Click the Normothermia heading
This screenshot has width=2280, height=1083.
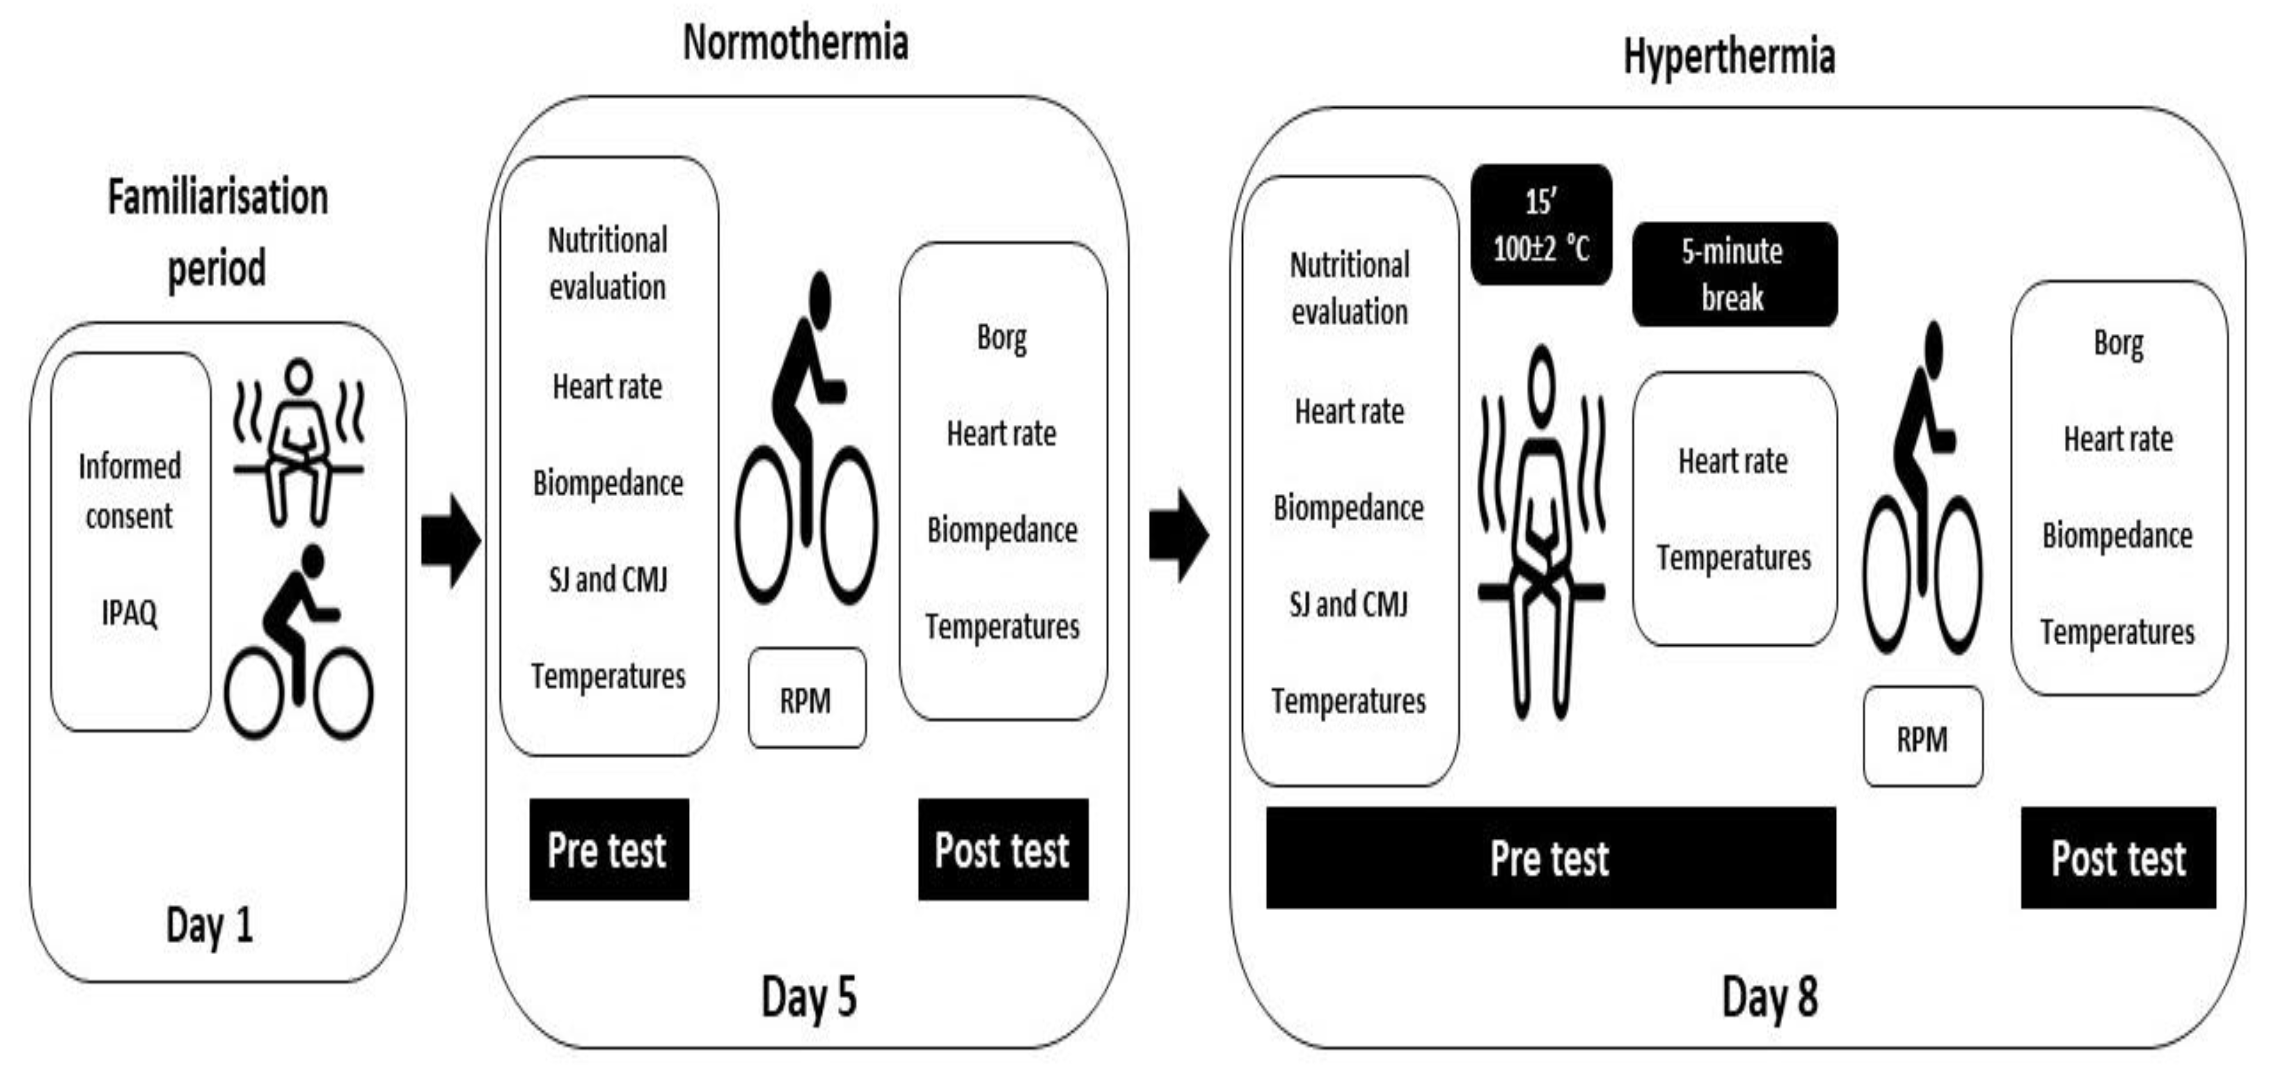[x=795, y=42]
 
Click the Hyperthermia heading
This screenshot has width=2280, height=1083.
[x=1729, y=57]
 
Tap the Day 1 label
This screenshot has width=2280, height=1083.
[x=210, y=925]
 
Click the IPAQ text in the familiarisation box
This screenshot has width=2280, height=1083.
[x=129, y=612]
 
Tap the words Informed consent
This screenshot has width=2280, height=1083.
[x=129, y=491]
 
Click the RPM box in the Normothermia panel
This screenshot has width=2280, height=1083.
[x=806, y=700]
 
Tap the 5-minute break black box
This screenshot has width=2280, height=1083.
[x=1734, y=275]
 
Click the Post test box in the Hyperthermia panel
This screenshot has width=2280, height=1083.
[x=2118, y=857]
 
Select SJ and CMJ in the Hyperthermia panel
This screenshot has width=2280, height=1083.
[x=1348, y=604]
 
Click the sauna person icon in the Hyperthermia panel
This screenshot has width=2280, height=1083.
[x=1541, y=531]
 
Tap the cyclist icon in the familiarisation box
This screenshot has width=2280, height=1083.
[x=298, y=644]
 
